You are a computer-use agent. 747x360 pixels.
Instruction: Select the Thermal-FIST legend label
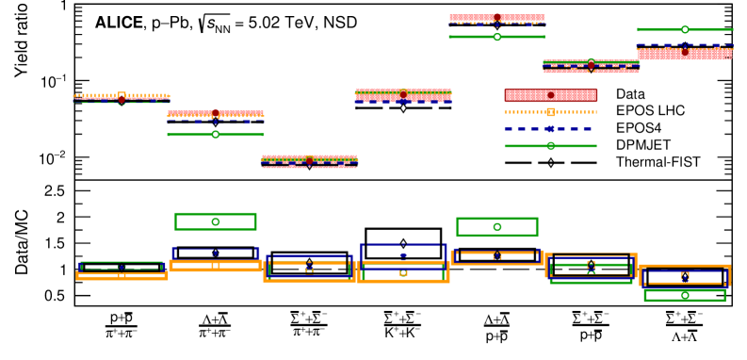pos(658,162)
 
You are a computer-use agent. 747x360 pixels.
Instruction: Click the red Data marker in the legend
pos(551,95)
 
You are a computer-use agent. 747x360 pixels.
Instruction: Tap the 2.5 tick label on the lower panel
pos(57,190)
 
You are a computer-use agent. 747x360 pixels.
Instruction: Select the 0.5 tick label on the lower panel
pos(57,296)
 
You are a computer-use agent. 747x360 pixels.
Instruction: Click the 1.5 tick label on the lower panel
pos(57,243)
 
